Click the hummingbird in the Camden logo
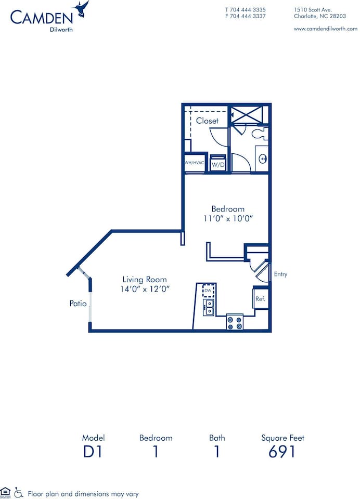[x=82, y=9]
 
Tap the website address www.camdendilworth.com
[x=325, y=29]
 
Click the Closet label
[x=207, y=121]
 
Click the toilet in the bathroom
[x=259, y=134]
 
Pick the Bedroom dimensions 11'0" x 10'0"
[x=228, y=219]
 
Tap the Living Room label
[x=145, y=279]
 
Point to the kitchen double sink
[x=209, y=307]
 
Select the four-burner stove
[x=235, y=322]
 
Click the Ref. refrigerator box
[x=260, y=299]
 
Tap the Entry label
[x=280, y=274]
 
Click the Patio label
[x=78, y=304]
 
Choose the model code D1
[x=93, y=452]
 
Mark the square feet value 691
[x=282, y=452]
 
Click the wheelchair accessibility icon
[x=19, y=491]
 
